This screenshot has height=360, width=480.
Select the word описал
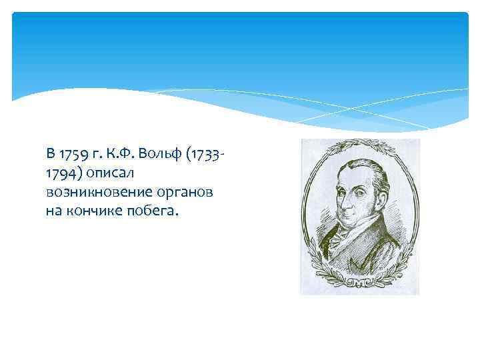click(x=109, y=173)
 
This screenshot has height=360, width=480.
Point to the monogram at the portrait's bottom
click(x=360, y=284)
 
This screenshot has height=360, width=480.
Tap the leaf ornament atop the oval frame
click(x=360, y=143)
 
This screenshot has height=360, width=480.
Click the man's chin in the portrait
click(x=348, y=227)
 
